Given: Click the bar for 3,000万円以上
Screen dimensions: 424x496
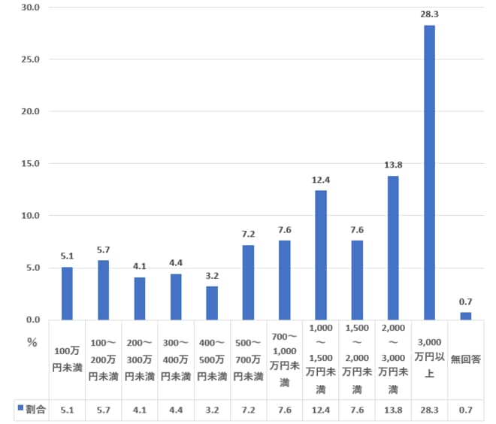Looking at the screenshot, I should pos(429,172).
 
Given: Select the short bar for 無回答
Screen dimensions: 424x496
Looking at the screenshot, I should pos(465,316).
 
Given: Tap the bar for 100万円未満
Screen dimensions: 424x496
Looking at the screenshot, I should pos(67,293).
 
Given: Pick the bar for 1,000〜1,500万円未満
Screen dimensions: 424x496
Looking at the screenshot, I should pos(321,255).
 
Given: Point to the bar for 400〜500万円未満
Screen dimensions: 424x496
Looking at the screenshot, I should pos(212,303).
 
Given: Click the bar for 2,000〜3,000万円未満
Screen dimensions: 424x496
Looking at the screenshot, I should pos(393,247).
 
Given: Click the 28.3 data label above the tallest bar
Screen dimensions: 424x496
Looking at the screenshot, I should pos(429,14).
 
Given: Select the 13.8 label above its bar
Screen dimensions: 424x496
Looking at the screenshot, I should pos(393,165).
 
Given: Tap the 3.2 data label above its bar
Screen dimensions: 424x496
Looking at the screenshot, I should pos(212,275).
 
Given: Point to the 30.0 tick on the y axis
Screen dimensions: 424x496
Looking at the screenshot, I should pos(29,8).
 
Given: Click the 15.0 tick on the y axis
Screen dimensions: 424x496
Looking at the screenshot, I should pos(29,163).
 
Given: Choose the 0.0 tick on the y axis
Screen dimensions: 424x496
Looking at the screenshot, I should pos(31,320).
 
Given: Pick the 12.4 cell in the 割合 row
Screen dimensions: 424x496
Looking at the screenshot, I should pos(321,410).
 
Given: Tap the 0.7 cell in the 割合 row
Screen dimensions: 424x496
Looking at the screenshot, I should pos(465,410).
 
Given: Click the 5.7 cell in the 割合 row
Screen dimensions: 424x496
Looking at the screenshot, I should pos(103,410).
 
